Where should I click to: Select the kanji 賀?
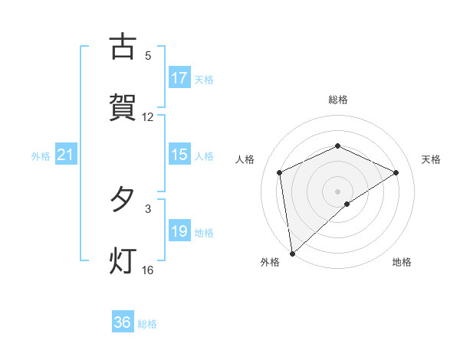click(x=122, y=108)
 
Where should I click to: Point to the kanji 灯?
click(x=122, y=261)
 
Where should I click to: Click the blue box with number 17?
click(x=179, y=78)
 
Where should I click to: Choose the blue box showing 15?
click(x=179, y=155)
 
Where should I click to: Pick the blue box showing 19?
click(x=179, y=231)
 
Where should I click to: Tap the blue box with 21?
click(x=66, y=155)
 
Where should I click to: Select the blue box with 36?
click(x=123, y=323)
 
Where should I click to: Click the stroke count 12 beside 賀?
click(x=148, y=117)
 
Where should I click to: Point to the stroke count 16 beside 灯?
click(x=148, y=270)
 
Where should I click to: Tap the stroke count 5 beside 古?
click(x=148, y=56)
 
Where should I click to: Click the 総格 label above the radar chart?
click(x=338, y=100)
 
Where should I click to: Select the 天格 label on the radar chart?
click(x=432, y=159)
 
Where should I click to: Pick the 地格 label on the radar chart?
click(x=402, y=263)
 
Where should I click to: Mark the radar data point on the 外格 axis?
click(x=292, y=254)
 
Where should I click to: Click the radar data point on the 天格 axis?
click(x=396, y=172)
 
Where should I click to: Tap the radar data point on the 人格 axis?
click(x=280, y=172)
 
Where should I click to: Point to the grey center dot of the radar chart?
click(x=338, y=191)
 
